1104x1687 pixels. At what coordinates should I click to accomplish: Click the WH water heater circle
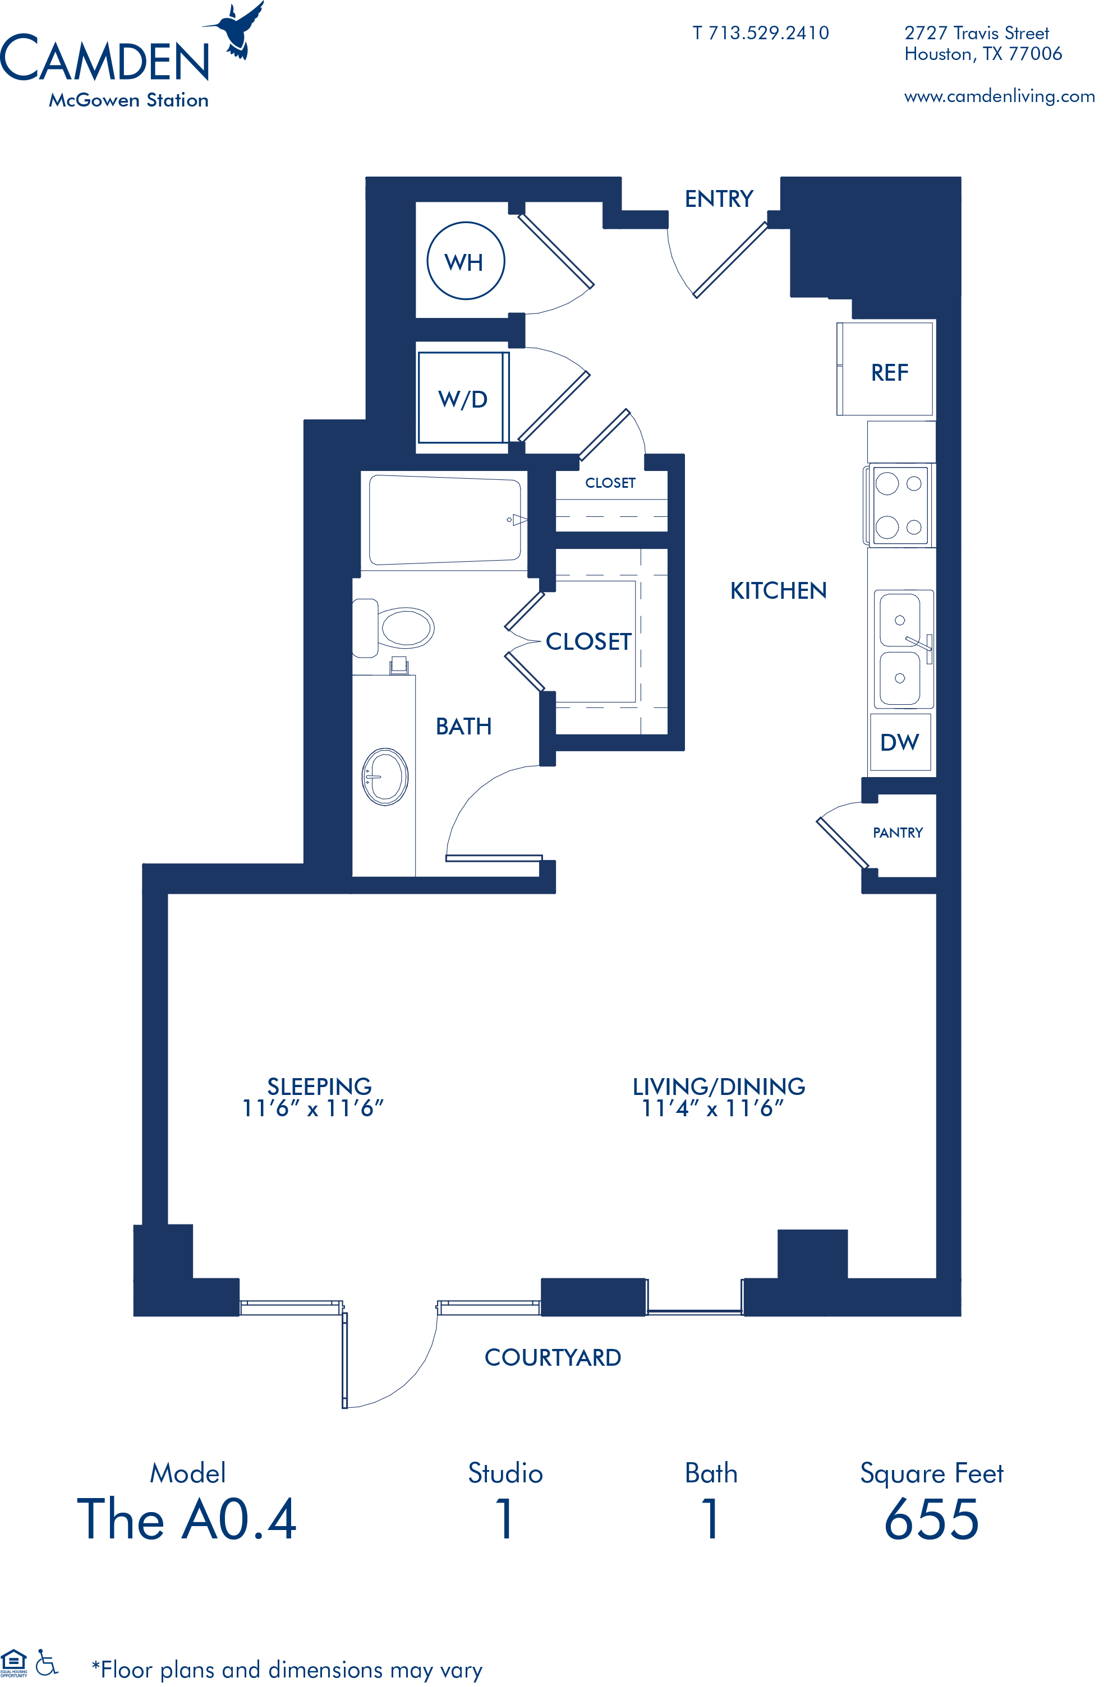(428, 261)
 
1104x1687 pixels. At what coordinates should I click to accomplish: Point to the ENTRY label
(718, 199)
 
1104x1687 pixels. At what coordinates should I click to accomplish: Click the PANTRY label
(898, 833)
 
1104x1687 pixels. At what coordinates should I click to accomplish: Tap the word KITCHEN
(779, 590)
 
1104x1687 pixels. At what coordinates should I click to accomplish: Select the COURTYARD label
(553, 1357)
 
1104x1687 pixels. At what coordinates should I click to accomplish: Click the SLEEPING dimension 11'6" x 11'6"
(312, 1108)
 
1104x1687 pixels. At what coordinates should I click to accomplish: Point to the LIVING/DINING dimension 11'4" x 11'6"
(712, 1108)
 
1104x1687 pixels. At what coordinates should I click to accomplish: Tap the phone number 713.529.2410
(769, 33)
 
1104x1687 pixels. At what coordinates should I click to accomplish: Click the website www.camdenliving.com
(999, 96)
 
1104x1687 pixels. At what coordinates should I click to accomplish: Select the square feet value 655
(932, 1520)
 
